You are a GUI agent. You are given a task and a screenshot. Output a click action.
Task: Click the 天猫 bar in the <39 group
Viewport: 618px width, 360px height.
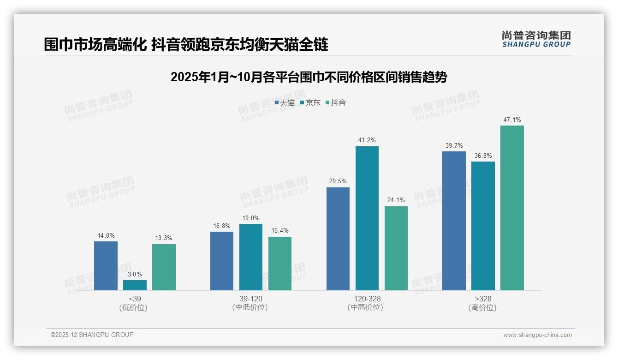coord(106,266)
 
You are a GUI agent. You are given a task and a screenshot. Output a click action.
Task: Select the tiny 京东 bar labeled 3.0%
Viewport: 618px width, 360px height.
coord(135,285)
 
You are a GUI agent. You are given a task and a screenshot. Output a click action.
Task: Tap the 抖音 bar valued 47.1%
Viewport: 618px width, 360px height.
coord(512,208)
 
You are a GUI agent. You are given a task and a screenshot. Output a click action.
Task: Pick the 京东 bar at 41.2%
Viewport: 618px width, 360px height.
coord(367,218)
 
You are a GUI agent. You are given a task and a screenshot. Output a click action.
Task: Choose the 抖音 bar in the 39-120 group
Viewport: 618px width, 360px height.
coord(280,264)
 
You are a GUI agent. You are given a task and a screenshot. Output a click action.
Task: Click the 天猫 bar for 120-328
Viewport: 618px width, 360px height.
coord(338,239)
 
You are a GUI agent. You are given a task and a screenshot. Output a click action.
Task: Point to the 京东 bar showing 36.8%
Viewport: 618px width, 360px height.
coord(483,226)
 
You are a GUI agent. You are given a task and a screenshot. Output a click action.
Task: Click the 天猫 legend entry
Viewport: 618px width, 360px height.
coord(285,103)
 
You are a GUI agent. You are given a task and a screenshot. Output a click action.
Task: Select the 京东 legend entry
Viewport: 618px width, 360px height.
coord(310,103)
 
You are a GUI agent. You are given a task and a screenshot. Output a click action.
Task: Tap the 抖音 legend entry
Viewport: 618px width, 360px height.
coord(336,103)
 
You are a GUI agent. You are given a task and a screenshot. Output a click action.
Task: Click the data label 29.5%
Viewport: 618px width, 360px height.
coord(338,181)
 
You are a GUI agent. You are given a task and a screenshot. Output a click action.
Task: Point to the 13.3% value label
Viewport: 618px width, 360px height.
coord(164,238)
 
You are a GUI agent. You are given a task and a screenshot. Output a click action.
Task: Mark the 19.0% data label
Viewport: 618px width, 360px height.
coord(251,218)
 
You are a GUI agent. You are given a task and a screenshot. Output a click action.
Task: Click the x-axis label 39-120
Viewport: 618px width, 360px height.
coord(250,299)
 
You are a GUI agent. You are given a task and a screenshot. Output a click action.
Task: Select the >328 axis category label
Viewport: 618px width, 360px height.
coord(483,299)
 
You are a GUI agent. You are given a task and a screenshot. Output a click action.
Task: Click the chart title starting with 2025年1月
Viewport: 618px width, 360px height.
coord(309,77)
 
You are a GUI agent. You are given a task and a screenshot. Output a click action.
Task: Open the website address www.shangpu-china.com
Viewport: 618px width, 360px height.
coord(537,335)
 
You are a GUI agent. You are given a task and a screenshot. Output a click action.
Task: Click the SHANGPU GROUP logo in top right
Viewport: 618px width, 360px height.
coord(536,39)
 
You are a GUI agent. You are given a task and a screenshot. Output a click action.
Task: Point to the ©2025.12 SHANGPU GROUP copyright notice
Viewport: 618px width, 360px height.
coord(92,335)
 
